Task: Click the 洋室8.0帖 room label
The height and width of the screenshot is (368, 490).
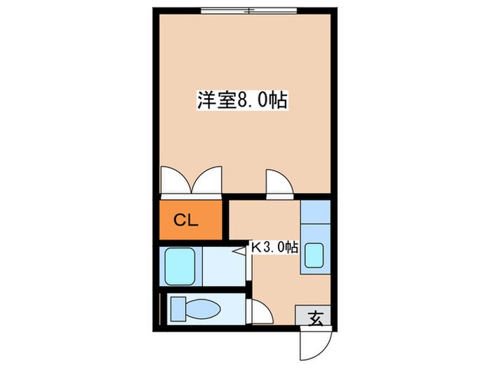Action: pyautogui.click(x=241, y=100)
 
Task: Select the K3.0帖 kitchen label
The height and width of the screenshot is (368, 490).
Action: pyautogui.click(x=275, y=247)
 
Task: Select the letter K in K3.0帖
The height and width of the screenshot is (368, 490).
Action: pyautogui.click(x=257, y=247)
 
